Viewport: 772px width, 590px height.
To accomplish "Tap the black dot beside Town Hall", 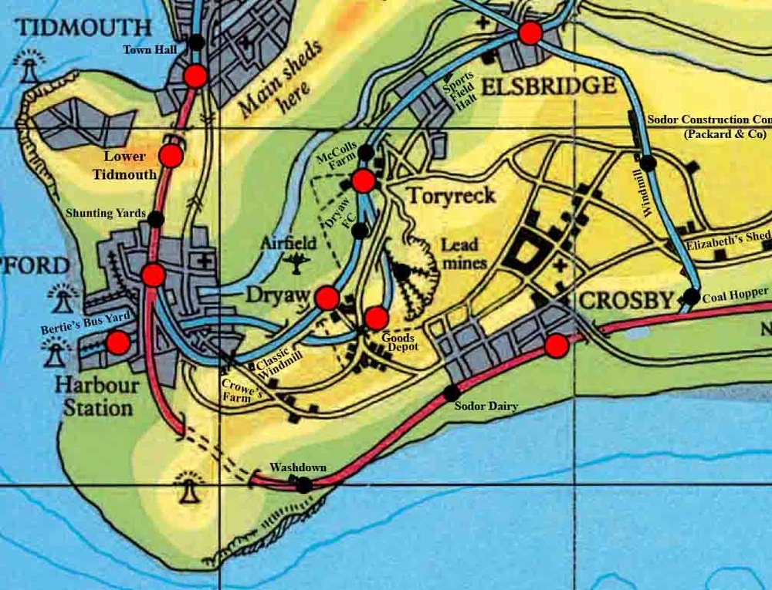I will (197, 42).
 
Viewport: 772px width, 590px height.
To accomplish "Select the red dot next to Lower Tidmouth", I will (171, 156).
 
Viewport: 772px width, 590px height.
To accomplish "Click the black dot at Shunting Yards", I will (156, 219).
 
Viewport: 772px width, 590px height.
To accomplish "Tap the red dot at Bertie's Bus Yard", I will (118, 342).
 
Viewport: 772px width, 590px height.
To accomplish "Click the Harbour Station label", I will (97, 395).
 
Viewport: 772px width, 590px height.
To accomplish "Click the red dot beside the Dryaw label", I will (327, 298).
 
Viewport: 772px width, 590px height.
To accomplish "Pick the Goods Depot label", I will (398, 343).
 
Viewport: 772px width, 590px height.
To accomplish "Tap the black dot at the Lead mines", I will (401, 271).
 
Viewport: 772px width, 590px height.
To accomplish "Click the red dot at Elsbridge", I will (530, 33).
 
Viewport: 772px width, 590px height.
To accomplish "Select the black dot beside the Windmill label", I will (648, 163).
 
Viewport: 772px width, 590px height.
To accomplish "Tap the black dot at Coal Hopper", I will (691, 296).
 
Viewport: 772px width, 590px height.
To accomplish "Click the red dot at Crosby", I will (556, 346).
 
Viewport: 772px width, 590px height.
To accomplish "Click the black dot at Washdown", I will (305, 485).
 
